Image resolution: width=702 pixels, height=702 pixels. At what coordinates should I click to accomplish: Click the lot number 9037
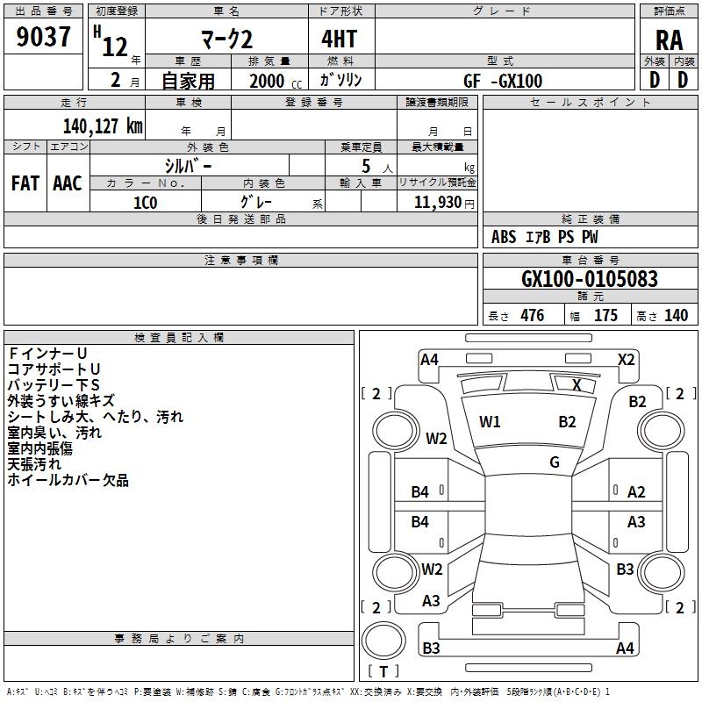click(x=43, y=37)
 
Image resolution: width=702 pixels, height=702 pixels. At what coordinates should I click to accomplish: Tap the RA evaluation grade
click(x=669, y=40)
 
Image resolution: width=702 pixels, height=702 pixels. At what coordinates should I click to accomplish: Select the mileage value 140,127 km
click(x=103, y=126)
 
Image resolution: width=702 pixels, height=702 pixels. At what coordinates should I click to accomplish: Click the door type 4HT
click(x=340, y=39)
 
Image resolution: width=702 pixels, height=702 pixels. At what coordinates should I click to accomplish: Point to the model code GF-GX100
click(x=503, y=81)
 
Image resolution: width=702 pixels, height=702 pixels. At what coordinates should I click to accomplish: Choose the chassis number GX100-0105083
click(x=590, y=279)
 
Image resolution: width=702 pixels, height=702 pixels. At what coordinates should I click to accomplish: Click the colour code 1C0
click(x=146, y=203)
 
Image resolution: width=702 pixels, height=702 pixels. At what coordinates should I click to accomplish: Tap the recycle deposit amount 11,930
click(x=437, y=203)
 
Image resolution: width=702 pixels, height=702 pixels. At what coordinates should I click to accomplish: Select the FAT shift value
click(x=25, y=183)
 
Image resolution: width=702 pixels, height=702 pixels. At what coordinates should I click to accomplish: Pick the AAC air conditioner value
click(x=68, y=183)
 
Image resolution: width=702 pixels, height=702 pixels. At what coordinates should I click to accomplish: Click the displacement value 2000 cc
click(x=276, y=82)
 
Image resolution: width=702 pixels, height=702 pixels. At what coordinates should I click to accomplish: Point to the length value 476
click(x=533, y=316)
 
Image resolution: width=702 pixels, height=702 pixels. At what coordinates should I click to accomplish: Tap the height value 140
click(x=676, y=316)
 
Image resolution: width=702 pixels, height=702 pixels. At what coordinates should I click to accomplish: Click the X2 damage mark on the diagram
click(x=626, y=360)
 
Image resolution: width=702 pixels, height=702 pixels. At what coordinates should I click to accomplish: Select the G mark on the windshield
click(x=555, y=462)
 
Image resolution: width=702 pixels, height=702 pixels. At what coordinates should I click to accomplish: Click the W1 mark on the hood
click(x=490, y=422)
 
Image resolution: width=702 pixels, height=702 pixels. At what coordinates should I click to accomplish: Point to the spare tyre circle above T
click(x=383, y=641)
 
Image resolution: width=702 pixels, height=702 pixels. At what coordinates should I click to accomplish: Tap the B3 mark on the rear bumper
click(x=431, y=648)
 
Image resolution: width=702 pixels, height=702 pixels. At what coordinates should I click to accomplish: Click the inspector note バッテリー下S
click(x=54, y=385)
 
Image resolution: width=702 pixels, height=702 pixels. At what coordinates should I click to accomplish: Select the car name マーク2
click(x=226, y=39)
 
